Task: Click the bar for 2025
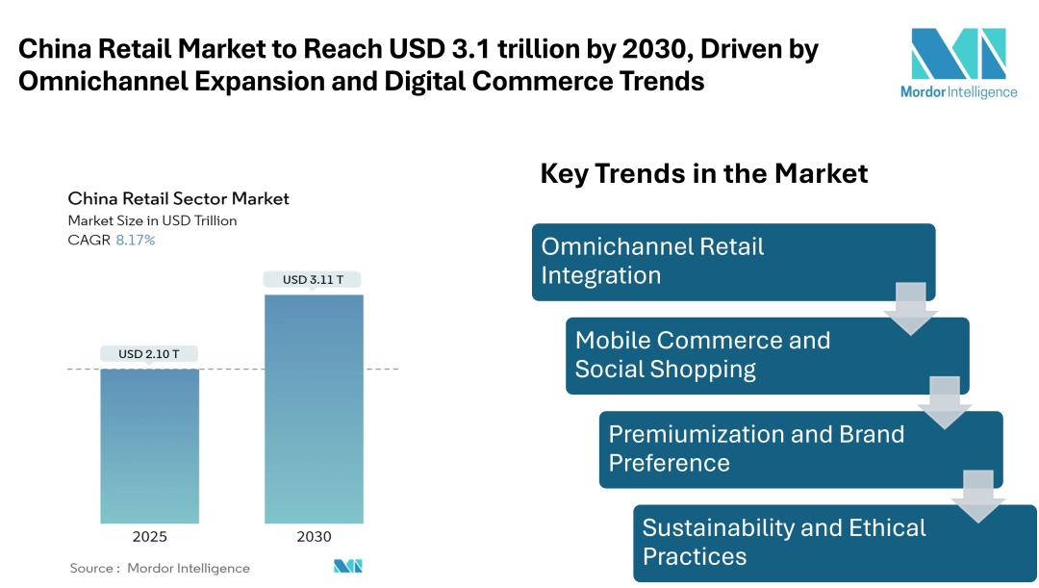(149, 446)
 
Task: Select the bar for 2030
(314, 409)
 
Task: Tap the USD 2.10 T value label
(149, 354)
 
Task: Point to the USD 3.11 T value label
(314, 280)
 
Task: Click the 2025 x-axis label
(149, 537)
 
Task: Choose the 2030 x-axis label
(314, 537)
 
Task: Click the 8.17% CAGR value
(136, 240)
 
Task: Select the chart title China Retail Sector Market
(178, 199)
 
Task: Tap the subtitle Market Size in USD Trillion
(152, 220)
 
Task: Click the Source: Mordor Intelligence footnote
(160, 568)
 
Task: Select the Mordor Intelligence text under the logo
(957, 92)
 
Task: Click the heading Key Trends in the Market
(704, 173)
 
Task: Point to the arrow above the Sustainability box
(978, 496)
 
